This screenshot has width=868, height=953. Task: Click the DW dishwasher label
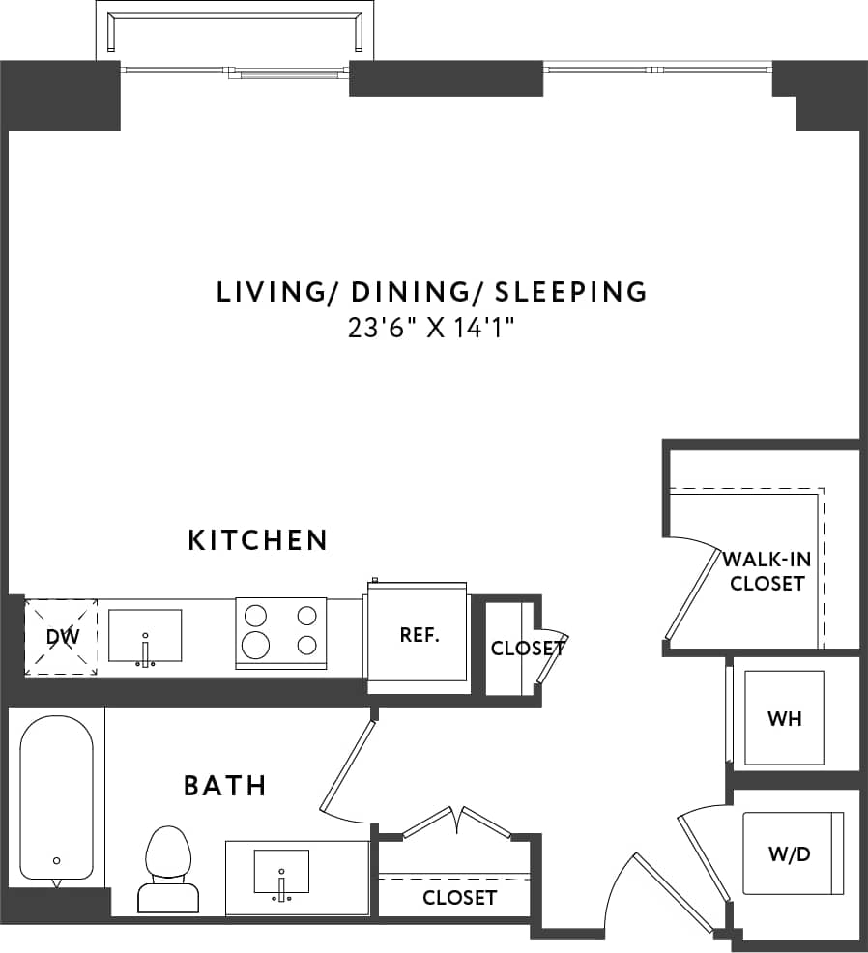click(x=61, y=636)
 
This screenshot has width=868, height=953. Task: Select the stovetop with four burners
click(x=280, y=629)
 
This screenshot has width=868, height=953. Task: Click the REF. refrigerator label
click(x=420, y=635)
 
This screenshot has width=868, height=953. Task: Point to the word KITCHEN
click(x=258, y=539)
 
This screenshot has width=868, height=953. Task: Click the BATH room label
click(x=224, y=785)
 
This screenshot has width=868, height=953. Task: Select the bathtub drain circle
click(x=57, y=860)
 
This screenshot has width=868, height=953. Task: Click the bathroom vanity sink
click(x=281, y=873)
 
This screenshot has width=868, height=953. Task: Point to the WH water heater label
click(x=784, y=718)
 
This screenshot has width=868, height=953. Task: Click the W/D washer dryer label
click(x=790, y=854)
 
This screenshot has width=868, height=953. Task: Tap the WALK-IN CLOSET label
click(x=767, y=570)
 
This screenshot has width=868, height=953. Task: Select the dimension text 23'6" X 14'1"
click(x=431, y=328)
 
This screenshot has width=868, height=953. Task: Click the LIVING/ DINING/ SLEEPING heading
click(x=431, y=291)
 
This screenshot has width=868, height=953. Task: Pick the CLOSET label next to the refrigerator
click(x=527, y=648)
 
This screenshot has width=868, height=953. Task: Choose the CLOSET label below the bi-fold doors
click(x=459, y=898)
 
